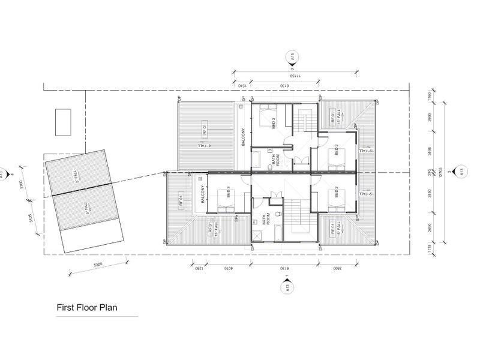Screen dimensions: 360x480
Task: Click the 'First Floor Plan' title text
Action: (87, 307)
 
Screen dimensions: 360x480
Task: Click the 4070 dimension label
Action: (224, 268)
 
